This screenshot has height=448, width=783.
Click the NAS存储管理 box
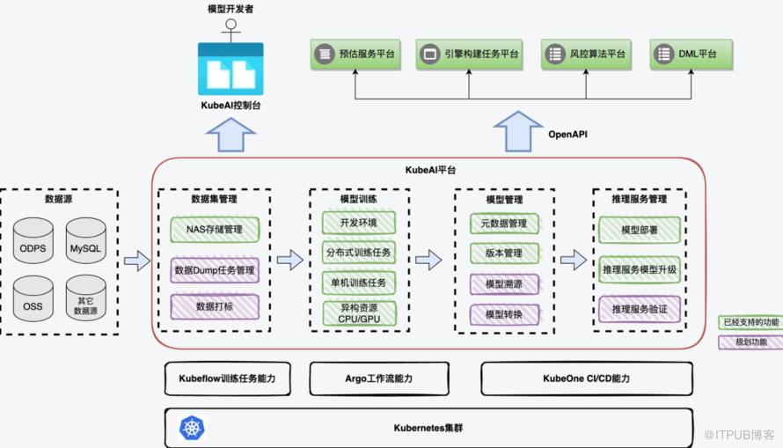click(215, 231)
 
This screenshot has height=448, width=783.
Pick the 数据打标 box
click(215, 306)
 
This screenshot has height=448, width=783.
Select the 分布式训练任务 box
click(358, 253)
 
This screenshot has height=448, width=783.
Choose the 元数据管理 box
click(503, 224)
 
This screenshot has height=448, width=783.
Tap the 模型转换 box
click(503, 314)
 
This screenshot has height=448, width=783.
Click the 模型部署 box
click(640, 230)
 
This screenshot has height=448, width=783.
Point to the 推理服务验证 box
click(640, 308)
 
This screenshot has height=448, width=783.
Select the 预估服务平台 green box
click(355, 55)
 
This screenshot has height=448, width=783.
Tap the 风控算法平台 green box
click(585, 55)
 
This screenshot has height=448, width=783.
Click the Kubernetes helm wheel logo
click(193, 429)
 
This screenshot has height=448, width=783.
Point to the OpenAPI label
click(567, 135)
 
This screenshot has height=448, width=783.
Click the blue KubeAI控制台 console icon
click(231, 68)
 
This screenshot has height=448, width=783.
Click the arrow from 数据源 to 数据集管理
click(137, 261)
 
